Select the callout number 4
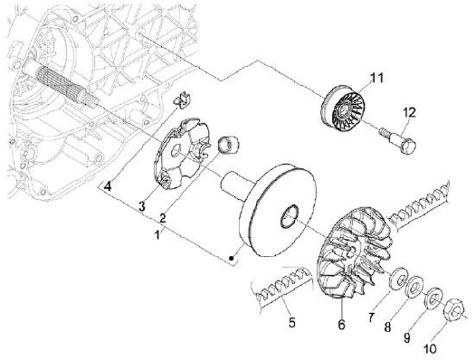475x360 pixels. pos(108,187)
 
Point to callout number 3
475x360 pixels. pos(142,207)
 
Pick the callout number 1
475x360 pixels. pos(156,235)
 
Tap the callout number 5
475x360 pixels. pos(291,323)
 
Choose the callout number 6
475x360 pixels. pos(342,325)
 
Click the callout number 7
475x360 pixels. pos(372,318)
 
